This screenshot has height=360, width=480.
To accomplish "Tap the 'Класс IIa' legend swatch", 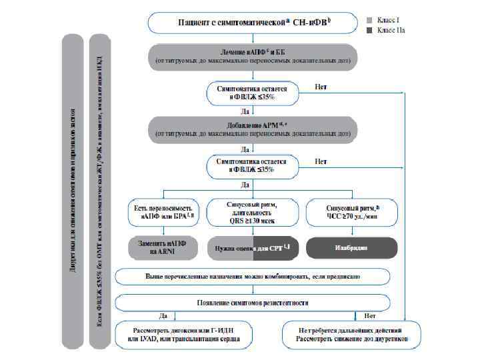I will pos(369,30).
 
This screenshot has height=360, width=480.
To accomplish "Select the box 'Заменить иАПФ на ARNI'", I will pos(162,247).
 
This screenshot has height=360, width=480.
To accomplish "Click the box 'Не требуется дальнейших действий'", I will pos(351,334).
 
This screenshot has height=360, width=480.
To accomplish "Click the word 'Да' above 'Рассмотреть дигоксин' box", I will pos(163,315).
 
